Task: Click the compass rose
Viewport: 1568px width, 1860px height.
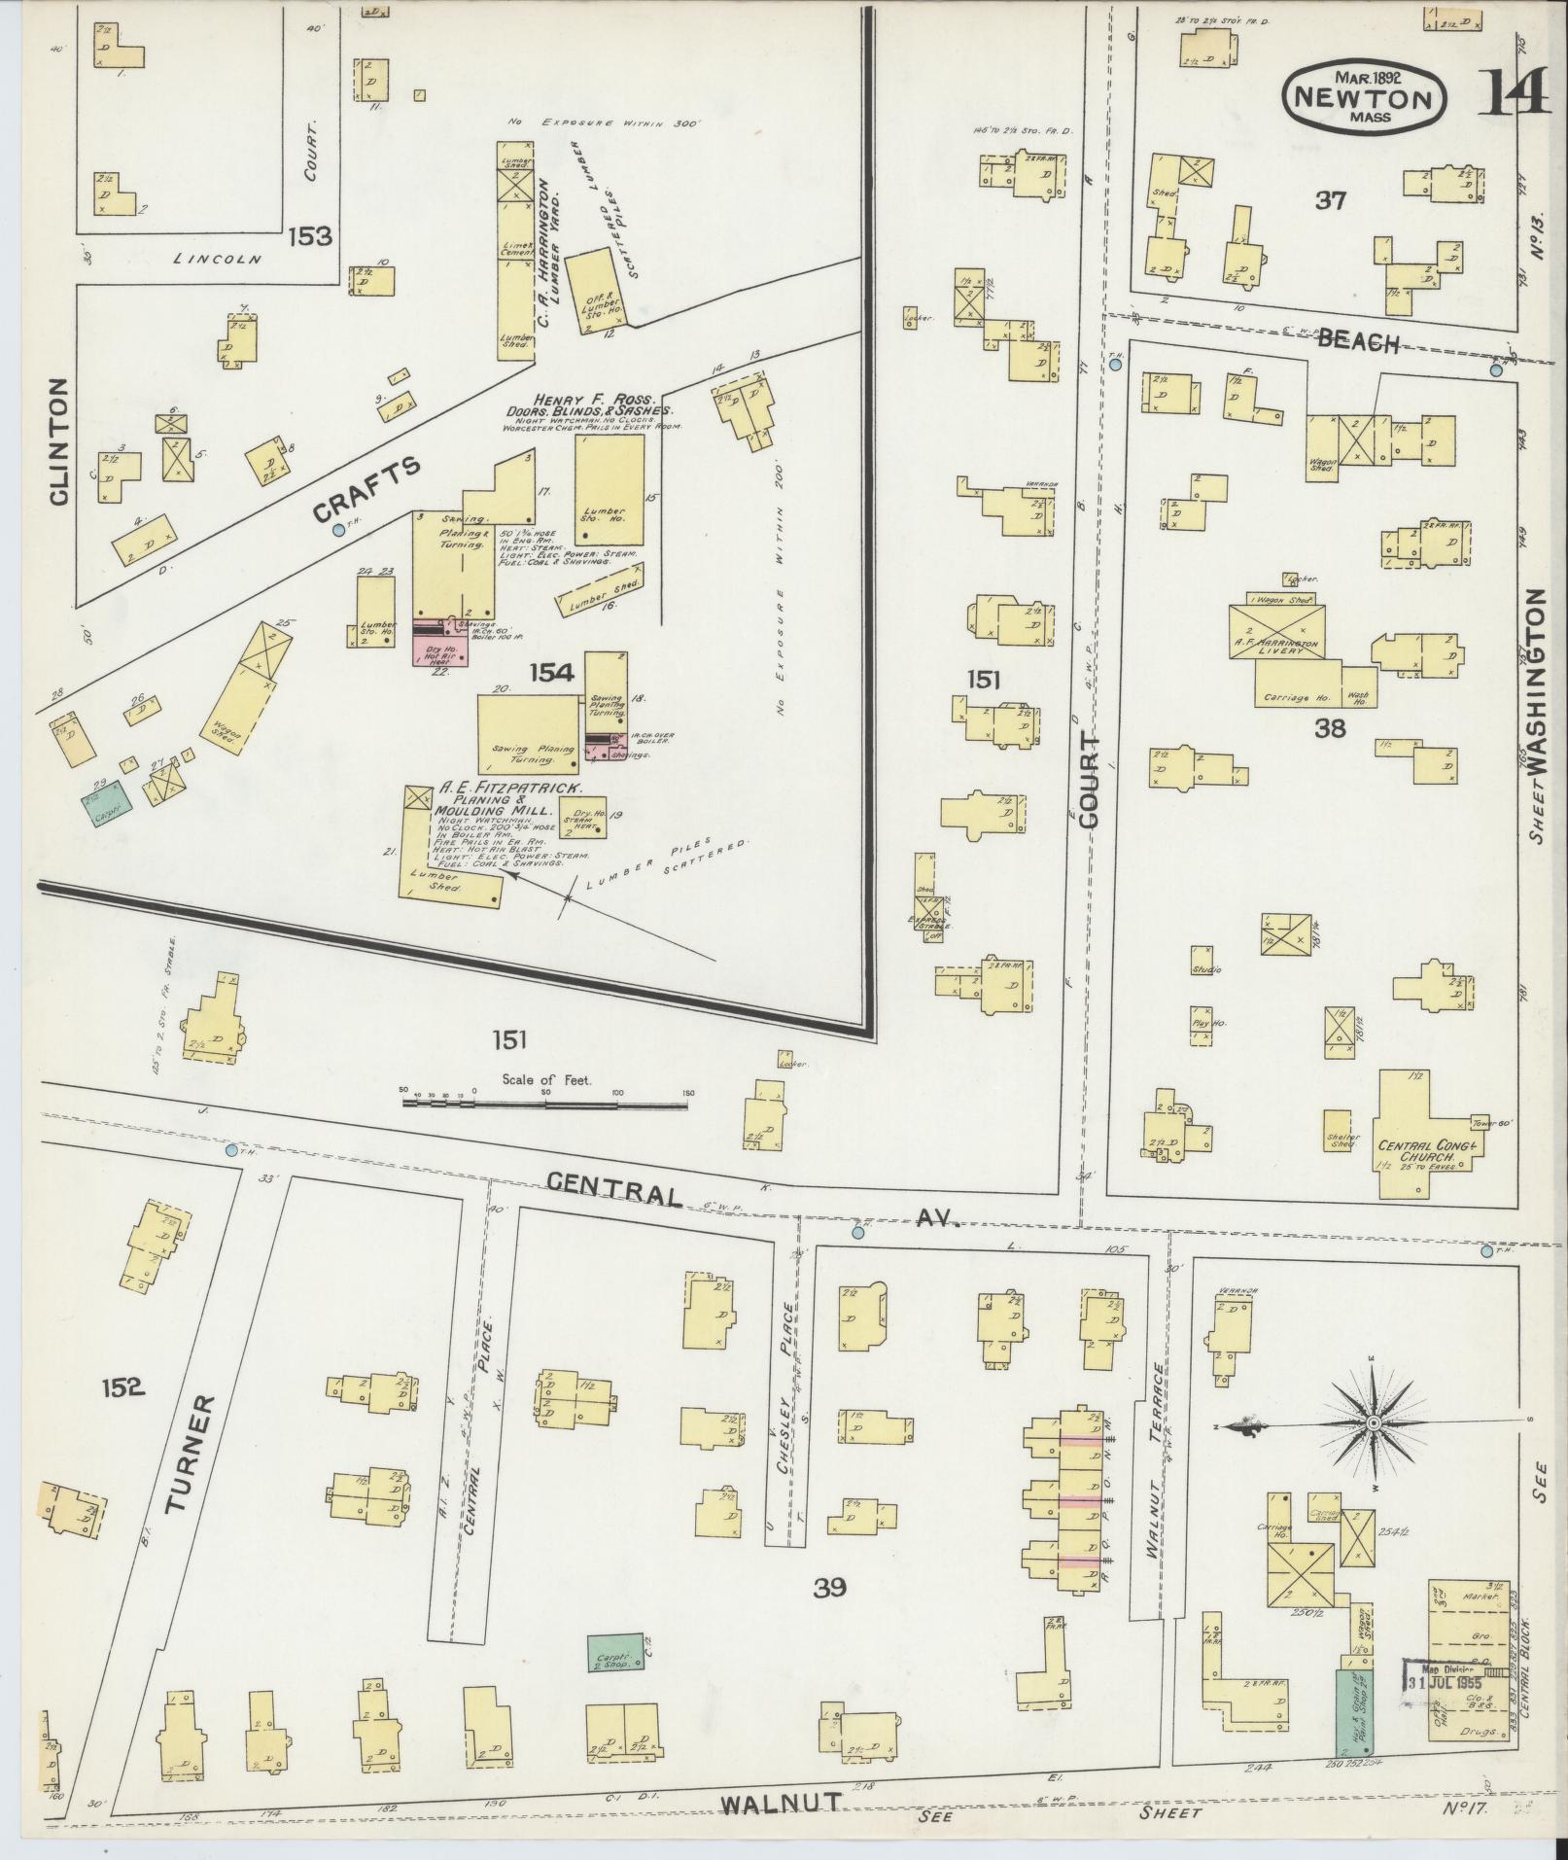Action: point(1374,1423)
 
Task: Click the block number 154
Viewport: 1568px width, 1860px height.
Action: point(551,672)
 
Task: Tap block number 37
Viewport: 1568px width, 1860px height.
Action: point(1330,201)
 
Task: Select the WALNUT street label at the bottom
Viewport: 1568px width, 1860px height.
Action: point(781,1803)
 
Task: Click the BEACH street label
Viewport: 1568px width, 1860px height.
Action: point(1358,342)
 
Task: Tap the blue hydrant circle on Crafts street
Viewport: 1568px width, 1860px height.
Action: point(338,530)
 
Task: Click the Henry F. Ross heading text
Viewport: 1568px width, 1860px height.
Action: point(595,401)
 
